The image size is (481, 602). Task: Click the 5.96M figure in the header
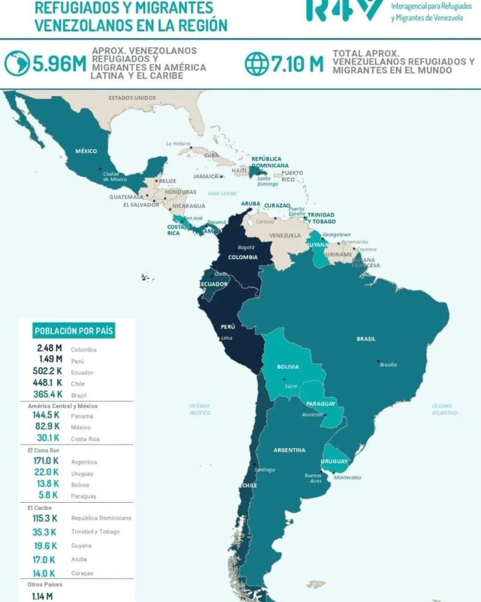(59, 64)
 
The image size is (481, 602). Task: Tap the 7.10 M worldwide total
(297, 64)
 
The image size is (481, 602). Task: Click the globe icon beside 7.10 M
(256, 64)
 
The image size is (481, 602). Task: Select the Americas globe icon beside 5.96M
(16, 63)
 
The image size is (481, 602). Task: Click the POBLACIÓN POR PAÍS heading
(74, 331)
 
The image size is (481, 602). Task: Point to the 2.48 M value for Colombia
(49, 349)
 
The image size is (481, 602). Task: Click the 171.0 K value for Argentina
(46, 461)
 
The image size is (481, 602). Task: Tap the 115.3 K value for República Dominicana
(46, 518)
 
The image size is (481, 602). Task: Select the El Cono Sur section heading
(43, 450)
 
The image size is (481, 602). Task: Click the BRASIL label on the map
(366, 339)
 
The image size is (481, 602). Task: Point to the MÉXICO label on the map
(86, 151)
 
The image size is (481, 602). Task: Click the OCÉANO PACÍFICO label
(200, 409)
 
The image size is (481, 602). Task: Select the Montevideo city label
(347, 477)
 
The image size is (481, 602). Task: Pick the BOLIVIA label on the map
(287, 367)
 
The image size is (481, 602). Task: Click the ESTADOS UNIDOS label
(132, 98)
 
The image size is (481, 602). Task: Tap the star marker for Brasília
(378, 360)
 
